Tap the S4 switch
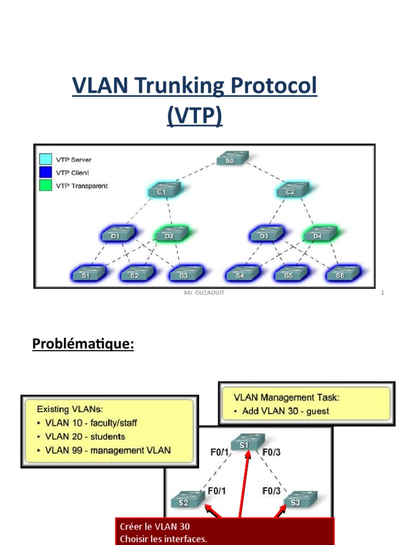coord(241,274)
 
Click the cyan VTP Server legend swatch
coord(46,159)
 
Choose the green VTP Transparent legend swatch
coord(46,186)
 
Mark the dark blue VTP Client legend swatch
coord(46,172)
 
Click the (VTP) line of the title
coord(194,115)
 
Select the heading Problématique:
coord(83,344)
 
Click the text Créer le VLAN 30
coord(154,526)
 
